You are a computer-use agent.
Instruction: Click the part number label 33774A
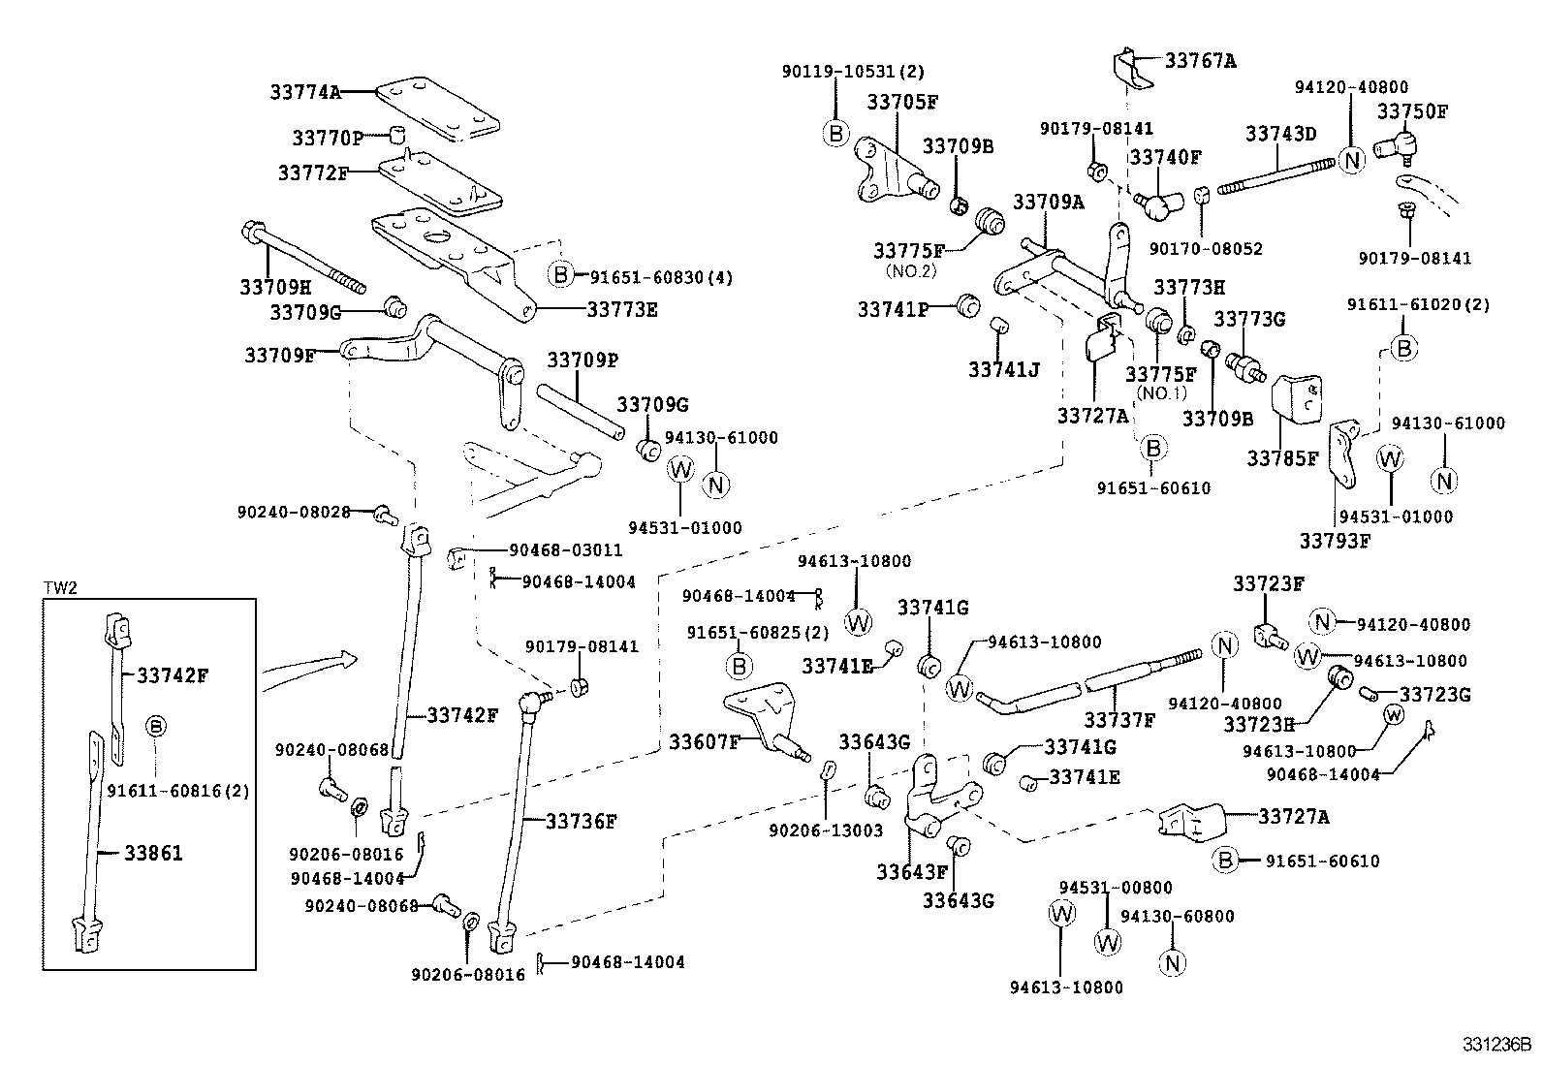click(305, 92)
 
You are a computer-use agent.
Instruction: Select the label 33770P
click(327, 138)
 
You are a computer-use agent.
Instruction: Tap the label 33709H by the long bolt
click(275, 288)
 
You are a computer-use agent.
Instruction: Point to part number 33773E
click(622, 309)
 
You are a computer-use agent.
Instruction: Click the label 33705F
click(902, 102)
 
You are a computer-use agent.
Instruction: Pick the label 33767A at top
click(1200, 60)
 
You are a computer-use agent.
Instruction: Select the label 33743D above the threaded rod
click(1280, 134)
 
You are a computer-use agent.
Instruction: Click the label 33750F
click(1412, 111)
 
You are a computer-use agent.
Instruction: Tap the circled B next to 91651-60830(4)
click(561, 275)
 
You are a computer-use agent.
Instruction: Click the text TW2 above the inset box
click(60, 588)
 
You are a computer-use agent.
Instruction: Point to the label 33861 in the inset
click(153, 853)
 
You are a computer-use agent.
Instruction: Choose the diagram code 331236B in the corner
click(1496, 1046)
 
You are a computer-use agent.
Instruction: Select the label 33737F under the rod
click(1119, 720)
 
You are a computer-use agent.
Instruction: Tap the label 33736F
click(581, 821)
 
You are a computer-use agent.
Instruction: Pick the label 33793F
click(1335, 541)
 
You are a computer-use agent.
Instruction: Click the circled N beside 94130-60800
click(1172, 962)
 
